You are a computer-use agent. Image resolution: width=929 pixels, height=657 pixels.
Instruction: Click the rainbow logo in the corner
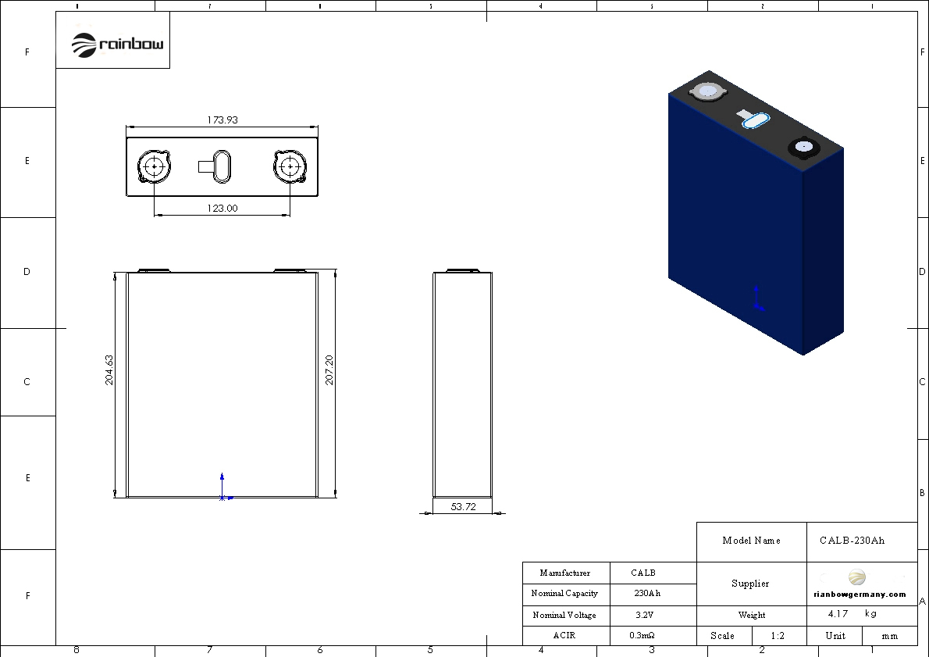(x=117, y=45)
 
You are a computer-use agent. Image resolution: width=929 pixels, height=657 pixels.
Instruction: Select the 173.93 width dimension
(x=222, y=120)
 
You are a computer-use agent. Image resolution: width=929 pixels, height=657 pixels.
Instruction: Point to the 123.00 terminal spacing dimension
(x=222, y=208)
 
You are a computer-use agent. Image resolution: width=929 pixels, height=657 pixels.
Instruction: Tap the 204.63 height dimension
(x=109, y=370)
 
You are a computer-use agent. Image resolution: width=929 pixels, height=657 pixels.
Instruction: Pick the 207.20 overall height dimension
(x=329, y=370)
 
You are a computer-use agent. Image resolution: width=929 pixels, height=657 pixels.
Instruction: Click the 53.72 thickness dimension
(x=463, y=506)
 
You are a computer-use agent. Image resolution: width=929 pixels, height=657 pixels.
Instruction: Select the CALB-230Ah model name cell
(x=852, y=540)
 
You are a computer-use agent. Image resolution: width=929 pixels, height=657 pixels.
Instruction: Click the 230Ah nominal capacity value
(x=647, y=593)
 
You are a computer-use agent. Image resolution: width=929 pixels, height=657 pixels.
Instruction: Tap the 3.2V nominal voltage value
(x=644, y=615)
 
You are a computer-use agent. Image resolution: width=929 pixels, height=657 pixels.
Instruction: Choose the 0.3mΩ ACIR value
(x=642, y=635)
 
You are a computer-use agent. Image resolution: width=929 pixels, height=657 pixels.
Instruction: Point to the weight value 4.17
(x=838, y=614)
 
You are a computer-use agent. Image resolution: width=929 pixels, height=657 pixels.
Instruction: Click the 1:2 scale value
(x=778, y=636)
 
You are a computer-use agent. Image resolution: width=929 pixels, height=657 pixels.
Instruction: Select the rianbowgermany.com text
(x=860, y=595)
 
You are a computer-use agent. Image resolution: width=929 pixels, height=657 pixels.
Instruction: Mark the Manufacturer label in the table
(x=564, y=573)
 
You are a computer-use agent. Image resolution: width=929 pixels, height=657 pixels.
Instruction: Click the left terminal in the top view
(x=154, y=166)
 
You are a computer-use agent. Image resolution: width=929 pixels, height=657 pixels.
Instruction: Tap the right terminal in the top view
(x=290, y=166)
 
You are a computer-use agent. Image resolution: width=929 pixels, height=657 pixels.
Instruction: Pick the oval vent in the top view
(x=222, y=166)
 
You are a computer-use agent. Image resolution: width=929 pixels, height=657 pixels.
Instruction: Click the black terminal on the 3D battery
(x=804, y=147)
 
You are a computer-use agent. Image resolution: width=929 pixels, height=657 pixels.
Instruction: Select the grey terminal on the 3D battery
(x=708, y=91)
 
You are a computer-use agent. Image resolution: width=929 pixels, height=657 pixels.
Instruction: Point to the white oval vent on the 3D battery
(x=756, y=120)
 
